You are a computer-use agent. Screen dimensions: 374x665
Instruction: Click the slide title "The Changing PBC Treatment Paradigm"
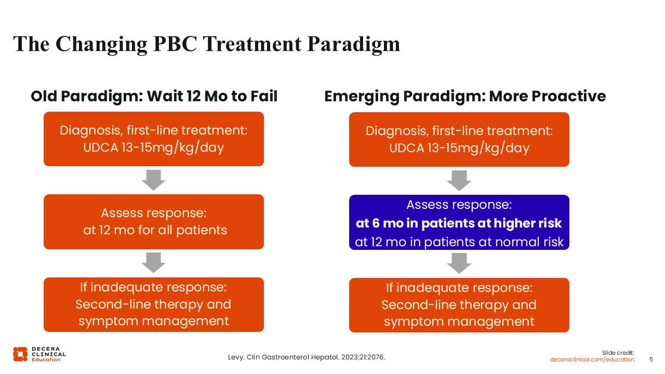coord(206,44)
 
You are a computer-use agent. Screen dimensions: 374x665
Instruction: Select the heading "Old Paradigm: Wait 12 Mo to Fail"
coord(154,97)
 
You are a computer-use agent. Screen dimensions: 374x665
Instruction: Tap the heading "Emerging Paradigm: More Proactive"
coord(464,97)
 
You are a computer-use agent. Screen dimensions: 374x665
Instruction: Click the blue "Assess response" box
coord(459,222)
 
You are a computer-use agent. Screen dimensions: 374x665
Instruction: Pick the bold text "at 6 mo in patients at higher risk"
coord(459,223)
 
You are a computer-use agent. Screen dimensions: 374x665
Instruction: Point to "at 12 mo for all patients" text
coord(155,230)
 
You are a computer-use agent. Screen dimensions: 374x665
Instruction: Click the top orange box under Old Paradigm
coord(154,139)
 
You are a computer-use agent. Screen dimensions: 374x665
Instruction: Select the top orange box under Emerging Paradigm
coord(459,140)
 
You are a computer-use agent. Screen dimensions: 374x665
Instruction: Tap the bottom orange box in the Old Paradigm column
coord(154,304)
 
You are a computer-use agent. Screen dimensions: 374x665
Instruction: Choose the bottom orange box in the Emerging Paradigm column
coord(459,305)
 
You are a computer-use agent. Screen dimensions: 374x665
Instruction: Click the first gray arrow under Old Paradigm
coord(154,180)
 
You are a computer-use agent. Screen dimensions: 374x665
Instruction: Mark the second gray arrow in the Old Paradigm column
coord(154,263)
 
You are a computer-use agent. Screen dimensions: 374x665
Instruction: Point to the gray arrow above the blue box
coord(459,180)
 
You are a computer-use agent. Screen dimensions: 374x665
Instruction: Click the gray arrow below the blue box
coord(459,263)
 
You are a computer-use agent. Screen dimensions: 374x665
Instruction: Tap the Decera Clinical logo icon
coord(20,354)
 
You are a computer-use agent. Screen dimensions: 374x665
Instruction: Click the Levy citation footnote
coord(307,357)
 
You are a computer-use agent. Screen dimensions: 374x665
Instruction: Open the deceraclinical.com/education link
coord(592,359)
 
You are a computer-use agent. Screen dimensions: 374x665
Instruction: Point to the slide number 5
coord(651,359)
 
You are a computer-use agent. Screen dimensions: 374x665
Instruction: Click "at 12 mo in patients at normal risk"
coord(459,242)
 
